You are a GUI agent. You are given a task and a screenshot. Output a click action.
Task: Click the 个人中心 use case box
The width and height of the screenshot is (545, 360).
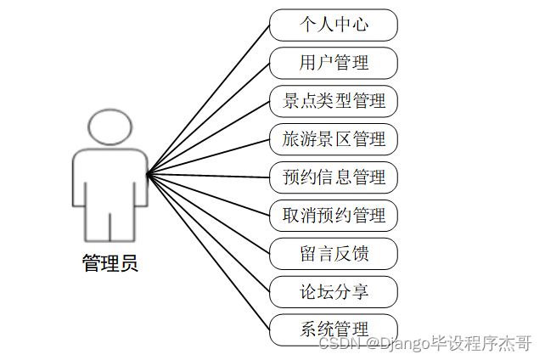point(334,25)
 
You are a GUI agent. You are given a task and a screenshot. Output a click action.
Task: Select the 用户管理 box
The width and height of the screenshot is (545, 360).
point(334,63)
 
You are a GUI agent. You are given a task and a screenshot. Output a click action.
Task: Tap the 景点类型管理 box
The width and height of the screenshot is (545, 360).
point(334,101)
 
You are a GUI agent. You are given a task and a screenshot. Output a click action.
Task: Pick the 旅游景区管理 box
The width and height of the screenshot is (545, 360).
point(334,139)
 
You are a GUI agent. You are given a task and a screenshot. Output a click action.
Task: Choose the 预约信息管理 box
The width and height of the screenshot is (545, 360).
point(334,177)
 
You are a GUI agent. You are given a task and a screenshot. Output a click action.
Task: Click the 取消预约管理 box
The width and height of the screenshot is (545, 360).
point(334,216)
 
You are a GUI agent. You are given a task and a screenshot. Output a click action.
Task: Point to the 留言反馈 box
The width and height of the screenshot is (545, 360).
point(334,253)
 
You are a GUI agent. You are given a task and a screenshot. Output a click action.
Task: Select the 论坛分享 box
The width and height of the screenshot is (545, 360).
point(334,291)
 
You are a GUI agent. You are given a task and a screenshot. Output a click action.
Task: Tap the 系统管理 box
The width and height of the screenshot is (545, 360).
point(334,329)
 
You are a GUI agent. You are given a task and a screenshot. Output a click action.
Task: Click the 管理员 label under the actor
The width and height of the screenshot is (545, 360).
point(110,263)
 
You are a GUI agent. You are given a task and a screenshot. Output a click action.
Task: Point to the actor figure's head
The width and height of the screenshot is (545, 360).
point(110,127)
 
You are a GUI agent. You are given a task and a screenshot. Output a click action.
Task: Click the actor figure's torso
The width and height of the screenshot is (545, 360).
point(110,183)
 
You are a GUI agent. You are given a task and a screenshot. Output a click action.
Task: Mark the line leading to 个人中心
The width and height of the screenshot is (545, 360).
point(208,99)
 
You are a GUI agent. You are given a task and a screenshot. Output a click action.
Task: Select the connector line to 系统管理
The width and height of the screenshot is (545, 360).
point(208,252)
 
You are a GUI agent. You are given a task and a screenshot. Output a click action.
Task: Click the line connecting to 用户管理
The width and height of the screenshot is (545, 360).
point(208,119)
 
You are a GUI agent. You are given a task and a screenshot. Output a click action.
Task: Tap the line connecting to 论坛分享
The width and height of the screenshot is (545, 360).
point(208,233)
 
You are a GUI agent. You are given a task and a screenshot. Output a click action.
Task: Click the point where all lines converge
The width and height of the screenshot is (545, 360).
point(147,175)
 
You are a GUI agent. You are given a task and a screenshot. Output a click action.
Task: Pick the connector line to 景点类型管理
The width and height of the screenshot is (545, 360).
point(208,138)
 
